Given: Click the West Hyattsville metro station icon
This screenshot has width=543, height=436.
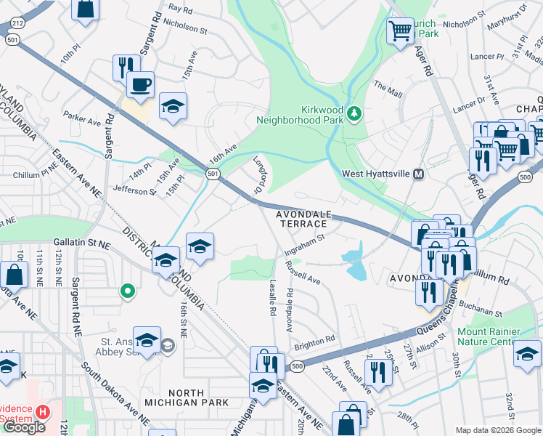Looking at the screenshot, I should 418,174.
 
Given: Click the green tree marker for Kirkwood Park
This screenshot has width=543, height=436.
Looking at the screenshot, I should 354,113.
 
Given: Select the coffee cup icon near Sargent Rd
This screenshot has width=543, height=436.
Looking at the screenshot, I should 140,84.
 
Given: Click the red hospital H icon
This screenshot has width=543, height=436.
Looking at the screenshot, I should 43,411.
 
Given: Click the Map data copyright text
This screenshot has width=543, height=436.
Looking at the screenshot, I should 497,430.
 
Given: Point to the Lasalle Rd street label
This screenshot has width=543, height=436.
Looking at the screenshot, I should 274,298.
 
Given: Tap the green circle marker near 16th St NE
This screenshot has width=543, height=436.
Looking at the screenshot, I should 128,291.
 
